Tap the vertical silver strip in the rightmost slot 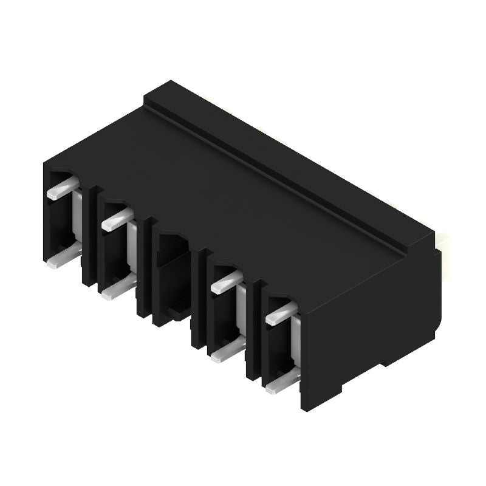pyautogui.click(x=296, y=340)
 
